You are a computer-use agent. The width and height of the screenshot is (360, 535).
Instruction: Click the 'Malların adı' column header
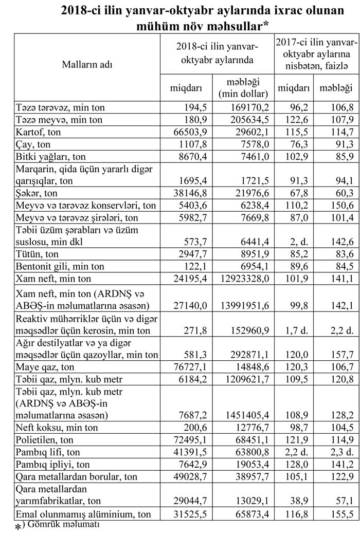[x=87, y=65]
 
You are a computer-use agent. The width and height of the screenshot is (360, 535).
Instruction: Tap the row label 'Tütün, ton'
[x=38, y=254]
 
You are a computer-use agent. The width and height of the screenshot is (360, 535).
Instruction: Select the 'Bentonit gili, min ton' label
[x=60, y=266]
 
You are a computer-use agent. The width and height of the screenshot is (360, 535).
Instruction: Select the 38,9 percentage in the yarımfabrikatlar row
[x=301, y=501]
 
